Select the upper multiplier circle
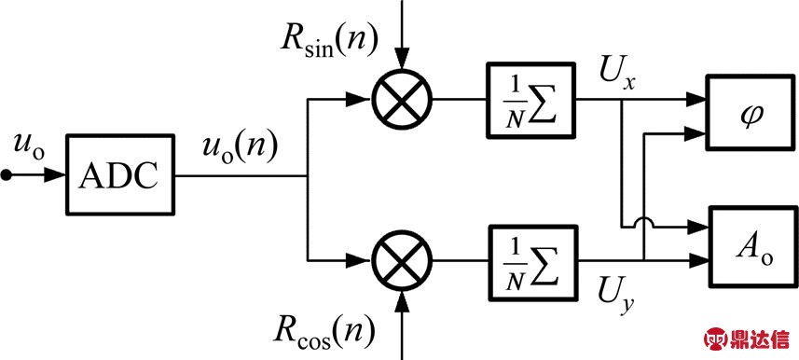pyautogui.click(x=401, y=98)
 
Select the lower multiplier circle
pyautogui.click(x=401, y=255)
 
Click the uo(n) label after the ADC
pyautogui.click(x=240, y=148)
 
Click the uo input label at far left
pyautogui.click(x=27, y=144)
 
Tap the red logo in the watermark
pyautogui.click(x=715, y=338)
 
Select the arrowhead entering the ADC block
pyautogui.click(x=55, y=175)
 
